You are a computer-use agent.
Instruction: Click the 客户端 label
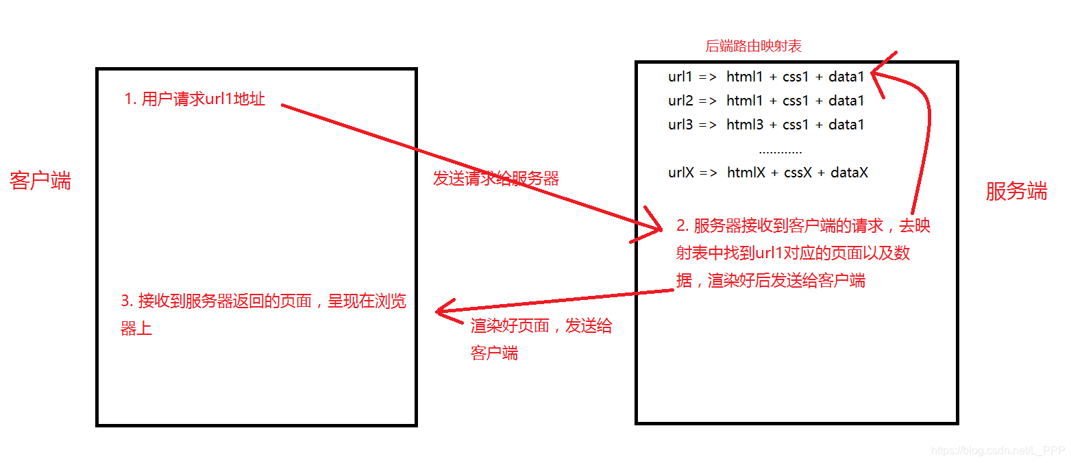coord(40,181)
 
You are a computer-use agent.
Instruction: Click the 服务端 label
coord(1016,191)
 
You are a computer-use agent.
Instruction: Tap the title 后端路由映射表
coord(753,47)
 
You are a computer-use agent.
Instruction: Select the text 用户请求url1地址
coord(203,99)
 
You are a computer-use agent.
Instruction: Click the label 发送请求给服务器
coord(496,179)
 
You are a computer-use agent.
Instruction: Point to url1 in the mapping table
coord(680,77)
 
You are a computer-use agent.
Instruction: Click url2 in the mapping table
coord(680,101)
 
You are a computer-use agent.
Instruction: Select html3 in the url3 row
coord(744,125)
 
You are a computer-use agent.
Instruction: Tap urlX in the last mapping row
coord(682,173)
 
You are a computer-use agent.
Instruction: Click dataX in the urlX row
coord(849,173)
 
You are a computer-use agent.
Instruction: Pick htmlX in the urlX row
coord(746,173)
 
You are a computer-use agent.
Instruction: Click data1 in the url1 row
coord(846,77)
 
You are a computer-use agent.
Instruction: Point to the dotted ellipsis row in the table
coord(780,150)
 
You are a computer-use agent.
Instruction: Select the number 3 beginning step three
coord(125,301)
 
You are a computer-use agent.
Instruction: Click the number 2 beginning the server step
coord(681,226)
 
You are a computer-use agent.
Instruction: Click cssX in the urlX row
coord(798,173)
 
